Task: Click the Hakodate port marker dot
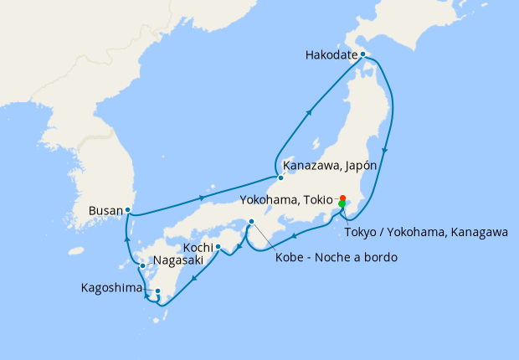pos(362,54)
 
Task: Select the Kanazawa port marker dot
pos(281,177)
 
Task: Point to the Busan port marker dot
pos(127,209)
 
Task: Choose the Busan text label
pos(105,211)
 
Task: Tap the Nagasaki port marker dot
pos(142,266)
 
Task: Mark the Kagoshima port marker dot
pos(157,291)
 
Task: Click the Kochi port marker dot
pos(218,247)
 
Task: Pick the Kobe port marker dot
pos(251,221)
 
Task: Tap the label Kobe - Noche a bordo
pos(336,257)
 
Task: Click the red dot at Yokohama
pos(342,198)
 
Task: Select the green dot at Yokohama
pos(342,204)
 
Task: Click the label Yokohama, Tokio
pos(287,199)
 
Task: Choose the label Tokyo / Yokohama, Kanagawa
pos(426,233)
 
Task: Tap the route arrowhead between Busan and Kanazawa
pos(203,198)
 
